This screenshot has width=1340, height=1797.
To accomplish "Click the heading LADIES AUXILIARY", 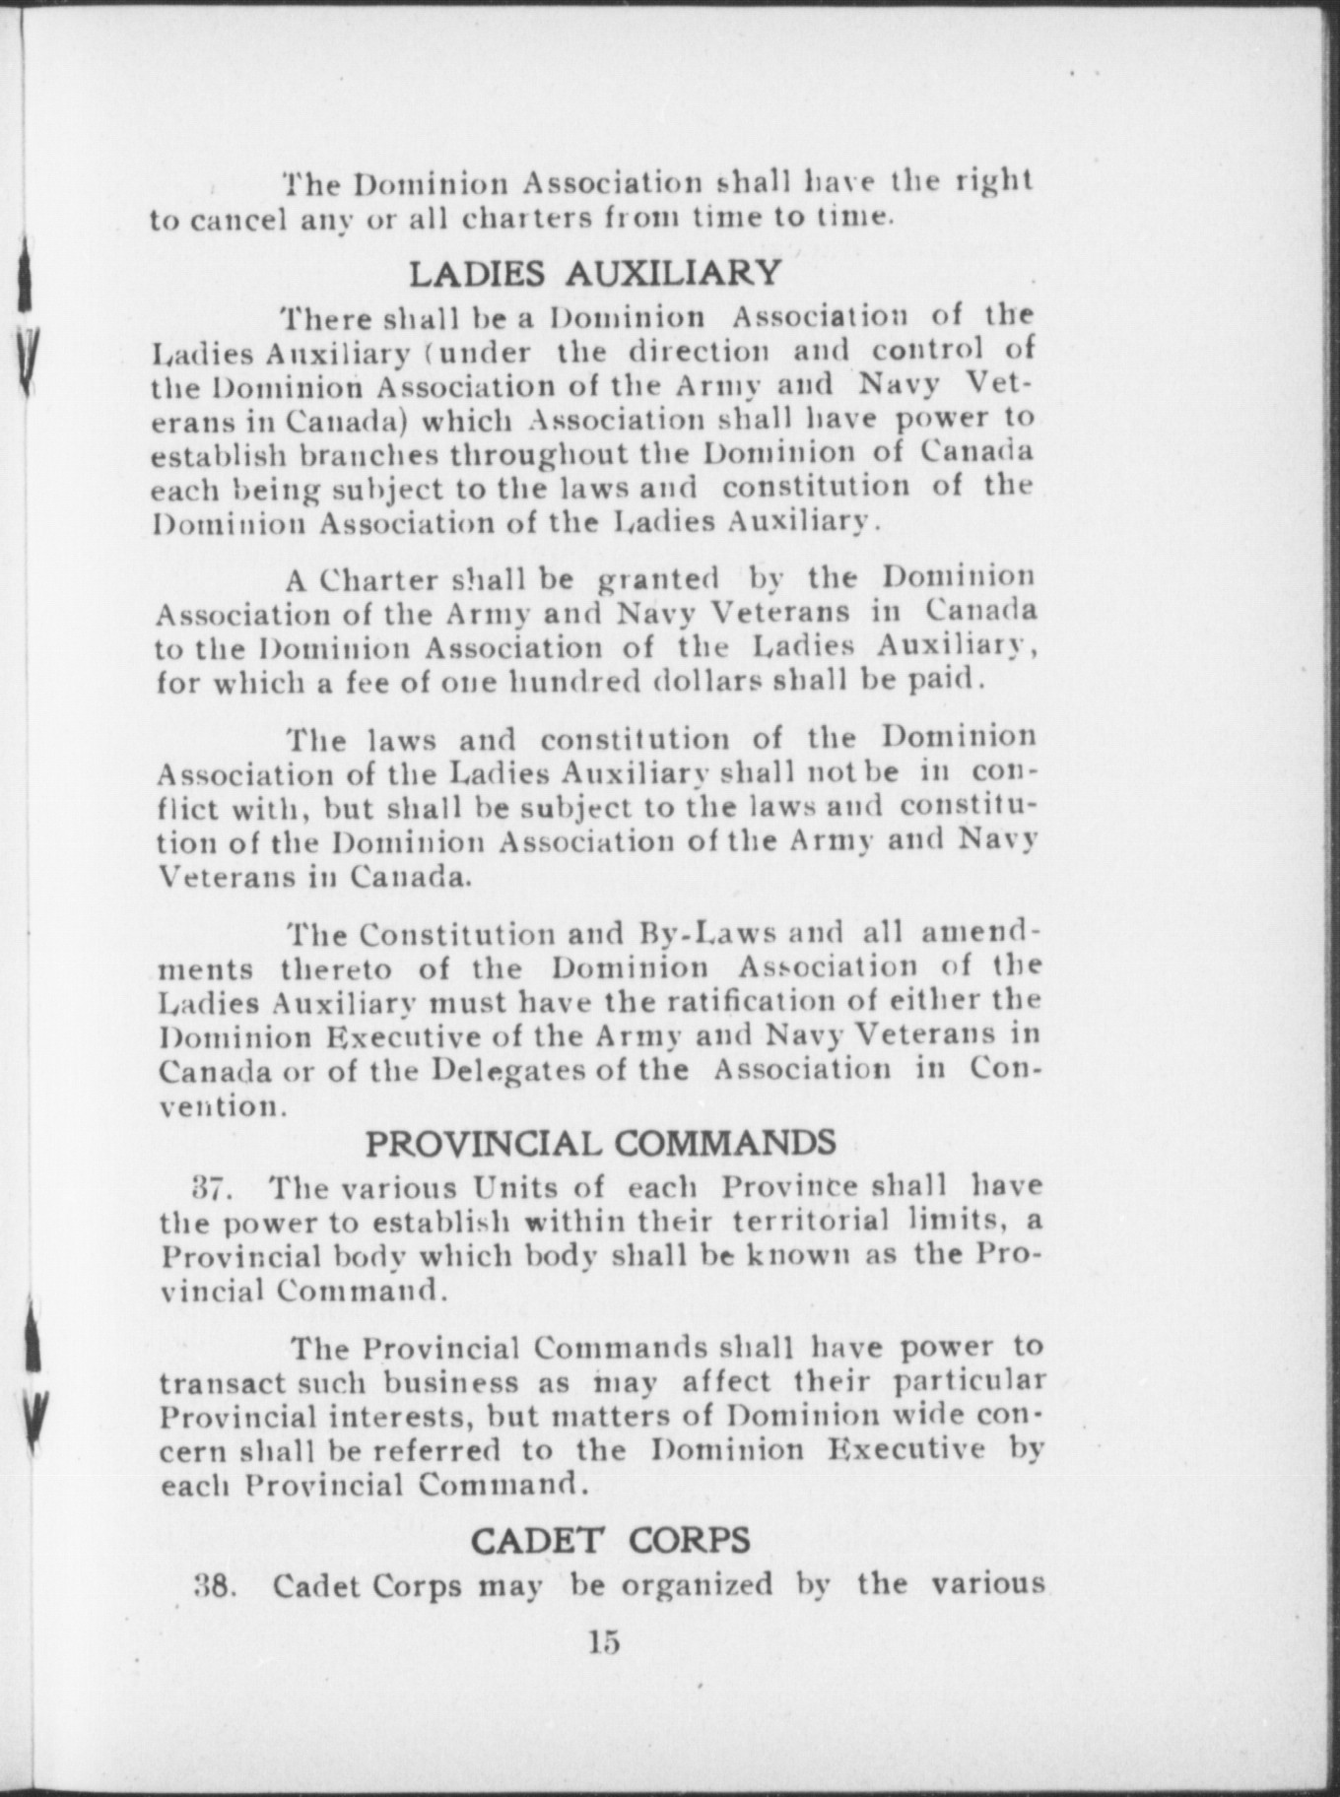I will (594, 271).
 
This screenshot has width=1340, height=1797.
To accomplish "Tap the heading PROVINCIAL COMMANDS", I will (601, 1143).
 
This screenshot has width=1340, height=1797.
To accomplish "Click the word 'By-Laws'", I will (697, 932).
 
